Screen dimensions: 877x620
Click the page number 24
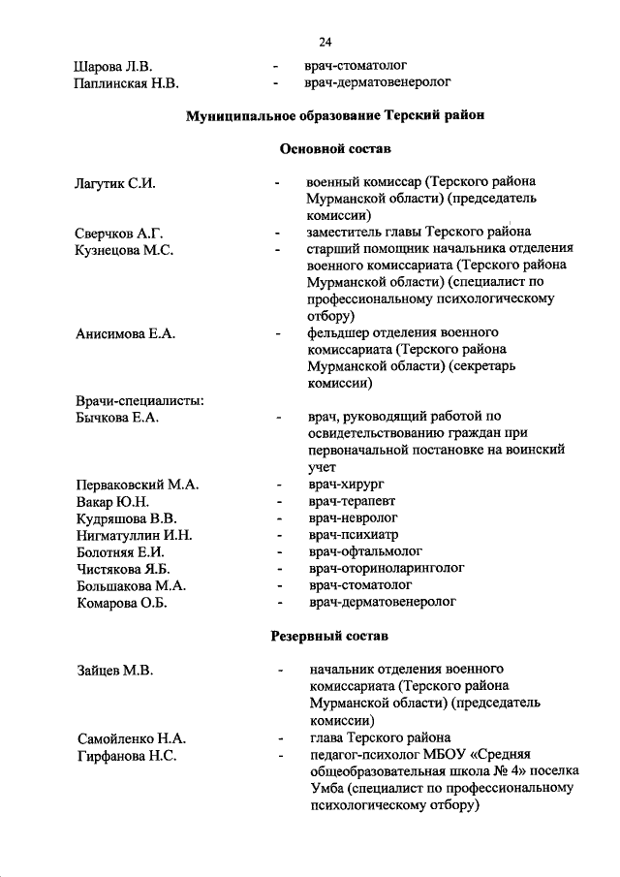click(325, 42)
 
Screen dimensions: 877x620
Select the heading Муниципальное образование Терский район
click(334, 115)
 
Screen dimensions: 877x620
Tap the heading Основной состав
click(334, 149)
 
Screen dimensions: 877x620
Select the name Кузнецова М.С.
click(124, 250)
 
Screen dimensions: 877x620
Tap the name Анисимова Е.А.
click(125, 333)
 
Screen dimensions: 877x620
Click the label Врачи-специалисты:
click(139, 401)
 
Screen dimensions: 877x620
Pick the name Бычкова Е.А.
click(116, 418)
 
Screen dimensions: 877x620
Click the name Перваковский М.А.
click(137, 485)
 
